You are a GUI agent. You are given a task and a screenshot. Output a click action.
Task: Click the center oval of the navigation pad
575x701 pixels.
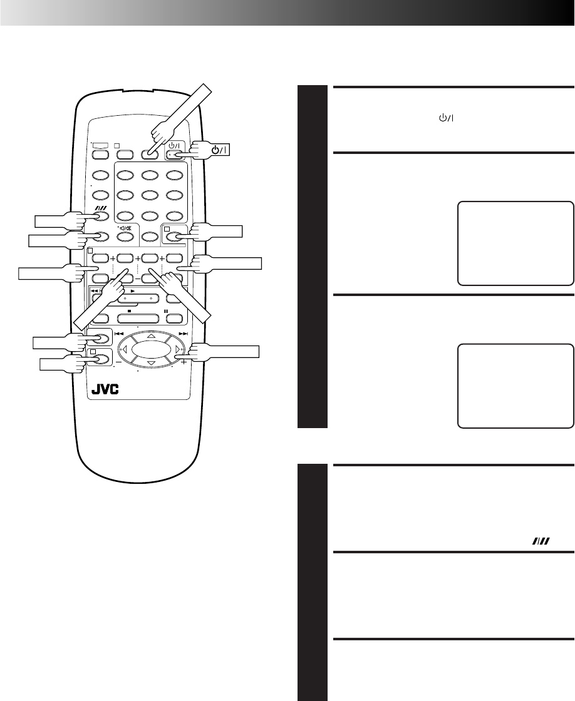[x=150, y=349]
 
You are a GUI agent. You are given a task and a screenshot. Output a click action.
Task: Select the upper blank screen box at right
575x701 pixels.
[x=517, y=243]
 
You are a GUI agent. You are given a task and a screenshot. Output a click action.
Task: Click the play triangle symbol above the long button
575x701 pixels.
[x=133, y=292]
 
